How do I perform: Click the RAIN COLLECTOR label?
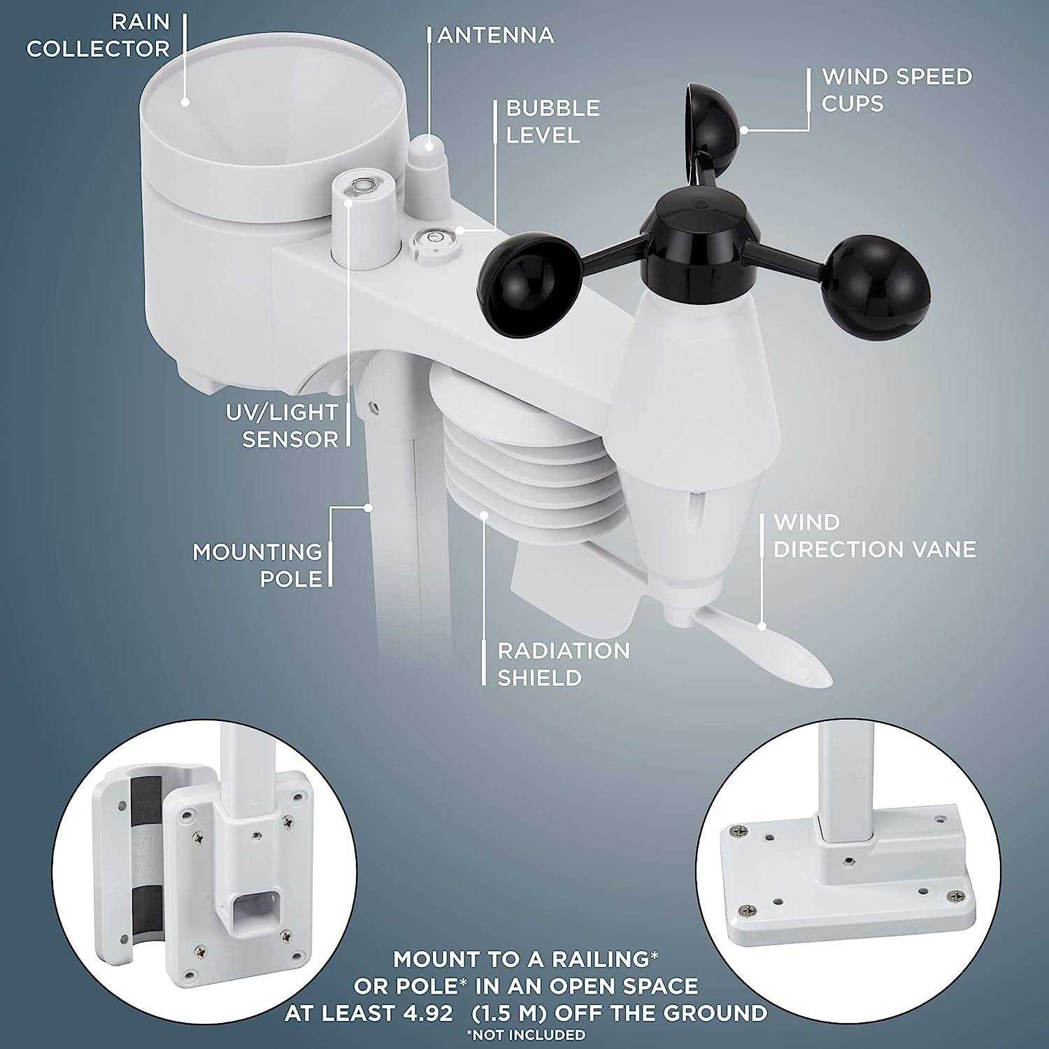click(x=98, y=35)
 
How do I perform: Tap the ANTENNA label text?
click(x=496, y=35)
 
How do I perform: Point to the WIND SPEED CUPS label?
click(x=897, y=90)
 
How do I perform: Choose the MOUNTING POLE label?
click(x=257, y=565)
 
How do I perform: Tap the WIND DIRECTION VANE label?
click(x=874, y=536)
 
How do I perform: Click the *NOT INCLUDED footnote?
click(x=525, y=1034)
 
